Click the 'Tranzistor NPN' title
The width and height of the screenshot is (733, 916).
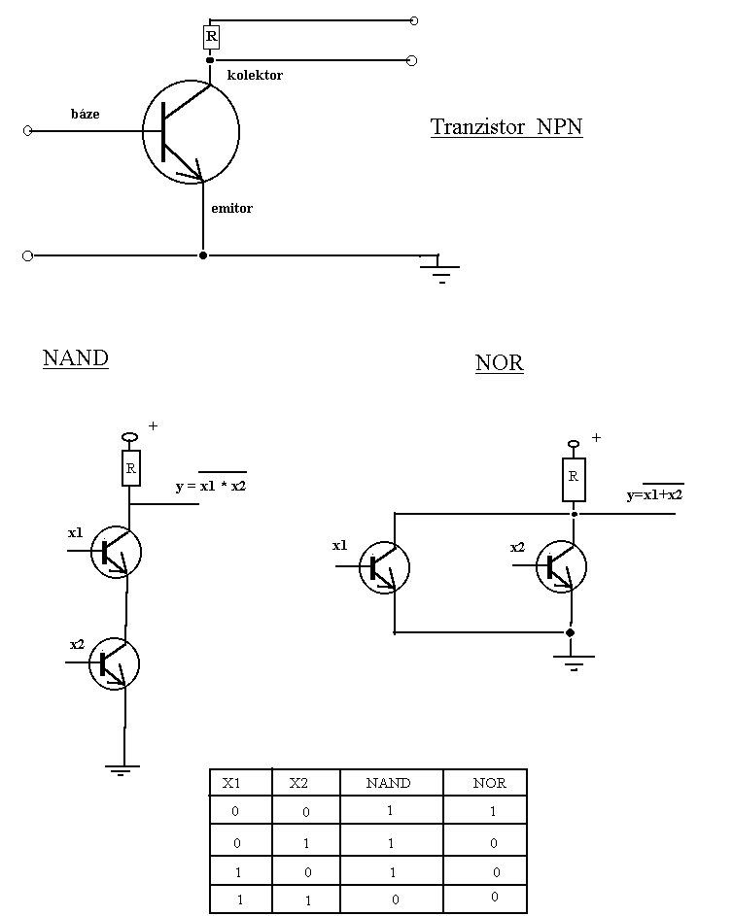[x=506, y=127]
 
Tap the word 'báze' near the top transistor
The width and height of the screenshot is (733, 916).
[x=85, y=114]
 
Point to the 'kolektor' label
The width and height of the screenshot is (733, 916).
[x=255, y=75]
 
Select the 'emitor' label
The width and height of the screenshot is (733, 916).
[x=231, y=208]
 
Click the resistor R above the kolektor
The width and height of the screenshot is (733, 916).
[x=211, y=38]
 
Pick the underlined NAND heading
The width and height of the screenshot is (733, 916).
[x=76, y=357]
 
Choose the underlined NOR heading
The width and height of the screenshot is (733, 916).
[x=500, y=363]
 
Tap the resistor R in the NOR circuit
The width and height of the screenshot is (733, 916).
[x=574, y=477]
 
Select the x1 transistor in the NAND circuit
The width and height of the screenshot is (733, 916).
[x=116, y=552]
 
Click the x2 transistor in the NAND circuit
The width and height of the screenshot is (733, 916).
[x=115, y=663]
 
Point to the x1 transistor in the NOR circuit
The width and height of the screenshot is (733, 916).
[x=384, y=567]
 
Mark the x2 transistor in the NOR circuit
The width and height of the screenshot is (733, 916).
[x=561, y=567]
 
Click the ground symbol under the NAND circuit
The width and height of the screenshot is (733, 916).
[x=122, y=770]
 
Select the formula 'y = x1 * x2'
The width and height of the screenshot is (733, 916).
[x=211, y=486]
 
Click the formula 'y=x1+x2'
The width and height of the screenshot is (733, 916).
[x=654, y=494]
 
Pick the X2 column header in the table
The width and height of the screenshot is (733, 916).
[x=298, y=783]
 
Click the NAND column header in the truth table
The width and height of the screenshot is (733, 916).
[x=388, y=783]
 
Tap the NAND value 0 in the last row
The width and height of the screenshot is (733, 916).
[x=395, y=899]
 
